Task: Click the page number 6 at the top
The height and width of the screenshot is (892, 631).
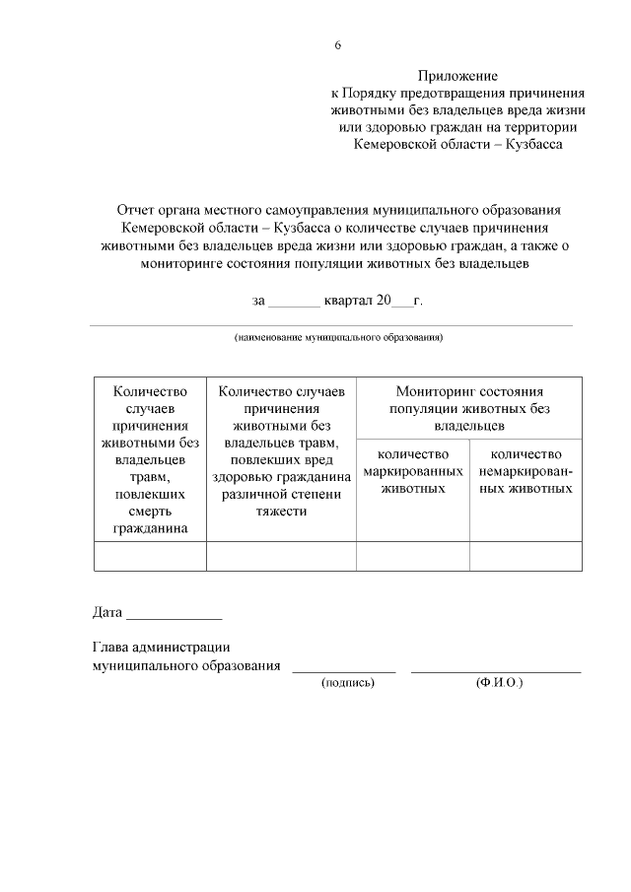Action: (337, 45)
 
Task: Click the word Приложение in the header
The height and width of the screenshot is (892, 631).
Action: (457, 75)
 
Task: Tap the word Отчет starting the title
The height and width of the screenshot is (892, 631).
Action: (136, 210)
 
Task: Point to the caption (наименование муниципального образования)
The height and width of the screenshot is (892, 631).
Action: (338, 337)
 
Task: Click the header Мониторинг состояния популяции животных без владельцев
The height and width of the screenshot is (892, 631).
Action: (469, 408)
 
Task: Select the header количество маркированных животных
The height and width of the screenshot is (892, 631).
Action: (413, 471)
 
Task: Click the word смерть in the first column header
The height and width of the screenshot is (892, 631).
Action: (150, 512)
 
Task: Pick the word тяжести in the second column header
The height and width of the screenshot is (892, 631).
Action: (281, 512)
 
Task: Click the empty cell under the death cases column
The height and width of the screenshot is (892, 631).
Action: (150, 556)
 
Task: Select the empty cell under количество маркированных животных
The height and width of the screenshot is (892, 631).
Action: (413, 556)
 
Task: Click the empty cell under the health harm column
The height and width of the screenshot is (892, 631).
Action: (281, 556)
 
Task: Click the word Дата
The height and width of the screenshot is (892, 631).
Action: (106, 612)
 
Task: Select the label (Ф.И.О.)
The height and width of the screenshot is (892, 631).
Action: (498, 682)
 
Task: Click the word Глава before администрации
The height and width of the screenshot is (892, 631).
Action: (110, 648)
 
